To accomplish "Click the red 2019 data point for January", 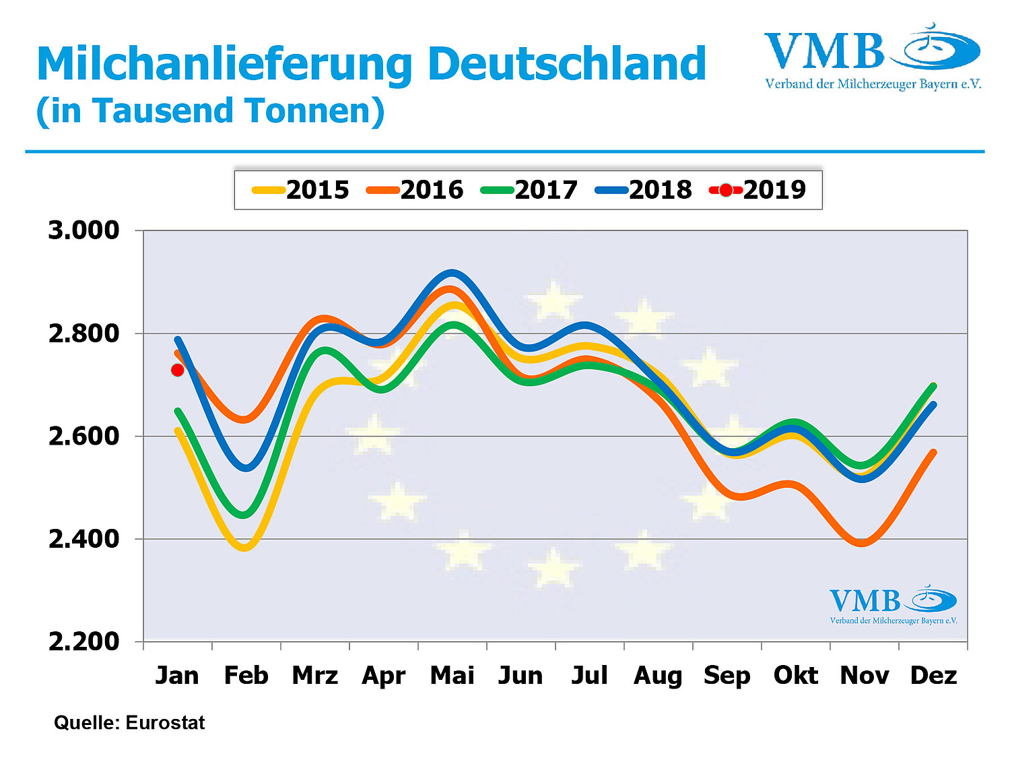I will tap(178, 370).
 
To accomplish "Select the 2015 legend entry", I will tap(302, 190).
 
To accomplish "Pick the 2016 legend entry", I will tap(415, 190).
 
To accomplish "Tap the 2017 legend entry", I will tap(530, 190).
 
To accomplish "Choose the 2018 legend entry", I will tap(644, 190).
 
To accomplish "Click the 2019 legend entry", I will tap(758, 190).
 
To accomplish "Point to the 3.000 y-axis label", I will tap(83, 230).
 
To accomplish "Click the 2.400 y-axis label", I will tap(83, 539).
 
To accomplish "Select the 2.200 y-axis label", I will tap(83, 641).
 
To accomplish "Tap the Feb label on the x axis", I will tap(246, 675).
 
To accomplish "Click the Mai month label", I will tap(452, 675).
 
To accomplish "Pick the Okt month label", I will tap(795, 675).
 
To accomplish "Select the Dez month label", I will tap(933, 675).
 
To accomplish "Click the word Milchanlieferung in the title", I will tap(224, 64).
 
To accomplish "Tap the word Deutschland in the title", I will tap(567, 64).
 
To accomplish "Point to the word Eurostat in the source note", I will tap(165, 723).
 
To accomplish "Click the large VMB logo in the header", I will tap(872, 57).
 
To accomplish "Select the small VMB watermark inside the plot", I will tap(893, 604).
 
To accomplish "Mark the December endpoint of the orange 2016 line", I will tap(933, 452).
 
